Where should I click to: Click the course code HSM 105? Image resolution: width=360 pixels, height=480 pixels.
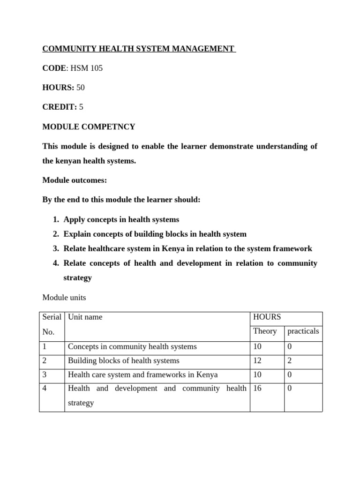(x=86, y=68)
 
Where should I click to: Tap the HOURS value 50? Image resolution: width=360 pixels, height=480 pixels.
(x=81, y=88)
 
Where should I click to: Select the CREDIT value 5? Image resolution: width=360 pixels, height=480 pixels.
(x=81, y=107)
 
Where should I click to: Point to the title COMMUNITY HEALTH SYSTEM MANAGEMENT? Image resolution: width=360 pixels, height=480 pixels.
(x=139, y=49)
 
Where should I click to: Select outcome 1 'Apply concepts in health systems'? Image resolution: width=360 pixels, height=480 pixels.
(x=121, y=219)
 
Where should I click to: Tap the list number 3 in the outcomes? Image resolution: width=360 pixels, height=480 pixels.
(x=55, y=248)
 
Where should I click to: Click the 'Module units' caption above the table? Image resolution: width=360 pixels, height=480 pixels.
(x=64, y=298)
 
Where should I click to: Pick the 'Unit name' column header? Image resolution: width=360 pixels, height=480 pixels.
(x=85, y=317)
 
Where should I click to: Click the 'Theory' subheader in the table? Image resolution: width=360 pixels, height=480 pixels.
(x=265, y=331)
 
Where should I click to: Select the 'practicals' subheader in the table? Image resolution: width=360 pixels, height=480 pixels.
(x=303, y=331)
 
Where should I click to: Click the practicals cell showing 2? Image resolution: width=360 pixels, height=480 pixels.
(x=290, y=361)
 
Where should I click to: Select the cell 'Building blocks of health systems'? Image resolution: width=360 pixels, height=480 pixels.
(x=124, y=361)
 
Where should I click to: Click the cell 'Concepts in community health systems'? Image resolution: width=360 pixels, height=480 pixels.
(x=132, y=347)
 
